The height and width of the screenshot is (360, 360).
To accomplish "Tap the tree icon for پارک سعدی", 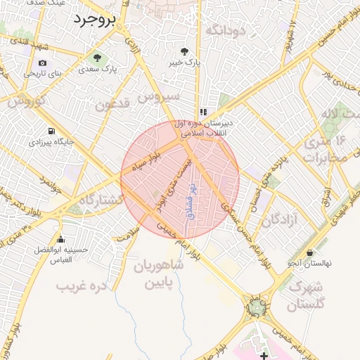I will (96, 58).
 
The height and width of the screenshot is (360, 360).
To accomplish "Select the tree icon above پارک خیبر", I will (184, 51).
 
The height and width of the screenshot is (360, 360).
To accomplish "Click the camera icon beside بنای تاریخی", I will (43, 63).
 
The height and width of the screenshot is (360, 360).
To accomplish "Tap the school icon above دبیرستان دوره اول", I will (203, 111).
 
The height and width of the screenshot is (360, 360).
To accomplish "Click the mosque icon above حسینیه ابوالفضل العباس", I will (61, 239).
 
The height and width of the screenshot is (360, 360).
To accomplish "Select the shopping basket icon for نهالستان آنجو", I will (310, 252).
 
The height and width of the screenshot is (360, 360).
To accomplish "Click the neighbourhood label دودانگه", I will (225, 30).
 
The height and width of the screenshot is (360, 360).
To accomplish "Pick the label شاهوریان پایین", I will (157, 275).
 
